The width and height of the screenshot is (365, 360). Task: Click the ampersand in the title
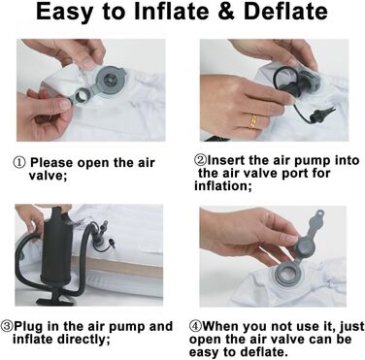(x=226, y=12)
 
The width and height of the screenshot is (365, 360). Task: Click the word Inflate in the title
(x=171, y=12)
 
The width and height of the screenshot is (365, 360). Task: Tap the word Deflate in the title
(x=285, y=12)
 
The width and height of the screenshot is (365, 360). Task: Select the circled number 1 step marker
(x=18, y=163)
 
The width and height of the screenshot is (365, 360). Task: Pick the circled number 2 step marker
(x=200, y=160)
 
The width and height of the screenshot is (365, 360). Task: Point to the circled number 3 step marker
(x=7, y=326)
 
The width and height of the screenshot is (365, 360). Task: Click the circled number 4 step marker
(x=195, y=326)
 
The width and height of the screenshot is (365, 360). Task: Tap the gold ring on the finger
(x=253, y=121)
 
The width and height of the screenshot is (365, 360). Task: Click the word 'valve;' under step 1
(x=48, y=176)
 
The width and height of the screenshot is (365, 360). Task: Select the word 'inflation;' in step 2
(x=222, y=186)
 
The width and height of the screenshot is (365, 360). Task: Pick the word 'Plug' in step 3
(x=27, y=327)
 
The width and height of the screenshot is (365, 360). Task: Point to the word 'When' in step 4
(x=220, y=326)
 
